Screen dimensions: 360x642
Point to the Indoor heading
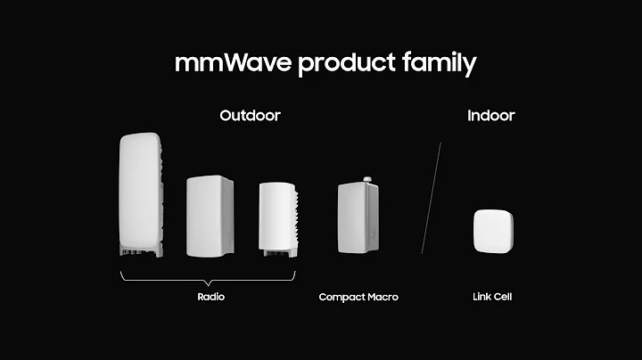pyautogui.click(x=490, y=116)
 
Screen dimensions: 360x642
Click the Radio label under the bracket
pyautogui.click(x=210, y=297)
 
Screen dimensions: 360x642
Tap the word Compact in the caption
pyautogui.click(x=341, y=297)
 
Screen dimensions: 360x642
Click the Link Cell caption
pyautogui.click(x=491, y=297)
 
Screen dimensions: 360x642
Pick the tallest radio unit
pyautogui.click(x=140, y=192)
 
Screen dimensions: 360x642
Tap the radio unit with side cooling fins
pyautogui.click(x=277, y=216)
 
